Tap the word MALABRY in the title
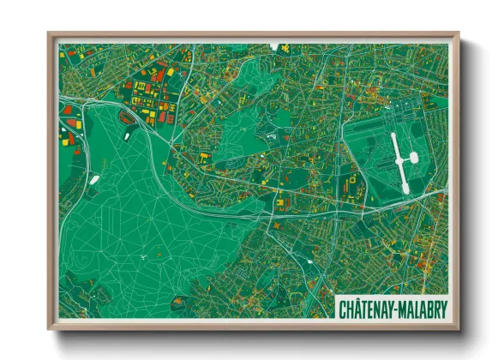tap(425, 307)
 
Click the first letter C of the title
tap(343, 307)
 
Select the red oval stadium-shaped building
tap(127, 117)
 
